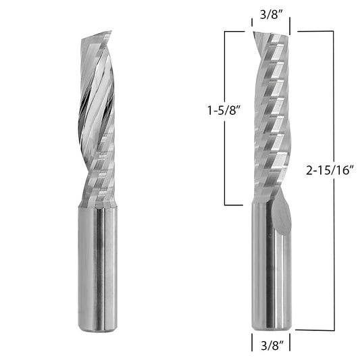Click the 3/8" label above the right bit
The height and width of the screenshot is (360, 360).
[271, 15]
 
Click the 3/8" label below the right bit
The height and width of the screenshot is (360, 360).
[272, 345]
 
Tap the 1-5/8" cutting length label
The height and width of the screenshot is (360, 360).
[224, 111]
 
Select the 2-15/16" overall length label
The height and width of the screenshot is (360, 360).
[330, 170]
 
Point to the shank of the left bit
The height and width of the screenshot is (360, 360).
[97, 268]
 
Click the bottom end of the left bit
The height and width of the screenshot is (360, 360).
[97, 330]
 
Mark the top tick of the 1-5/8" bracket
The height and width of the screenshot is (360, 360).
[234, 31]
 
